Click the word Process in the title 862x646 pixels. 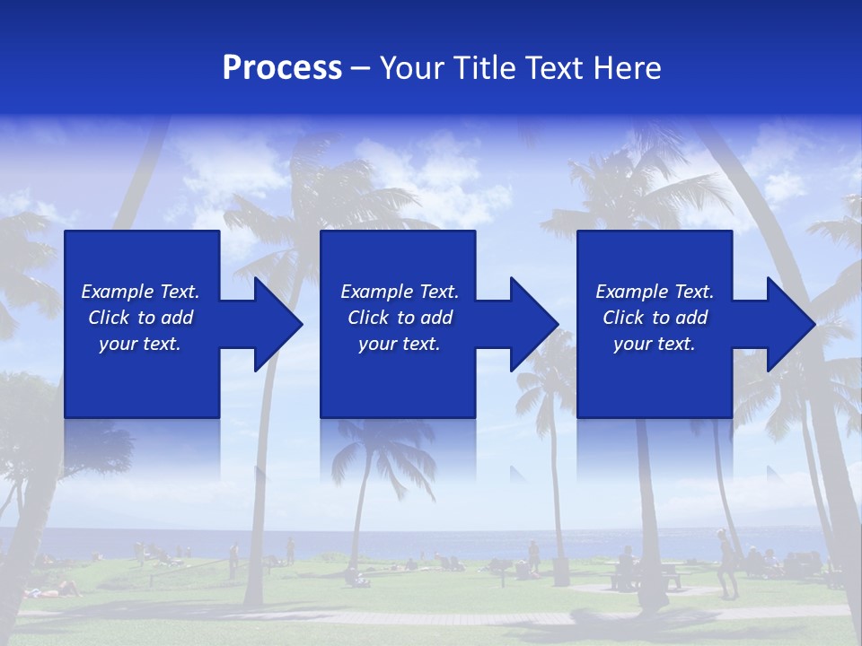point(282,68)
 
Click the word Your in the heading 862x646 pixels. point(412,68)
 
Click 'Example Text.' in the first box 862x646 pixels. point(140,292)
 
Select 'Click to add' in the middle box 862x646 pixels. point(400,318)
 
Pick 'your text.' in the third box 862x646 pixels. point(654,344)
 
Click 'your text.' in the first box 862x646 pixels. point(140,344)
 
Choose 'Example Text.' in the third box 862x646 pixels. point(655,292)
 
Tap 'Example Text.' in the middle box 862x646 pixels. point(400,292)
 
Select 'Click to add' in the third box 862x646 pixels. point(655,318)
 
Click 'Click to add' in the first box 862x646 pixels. point(140,318)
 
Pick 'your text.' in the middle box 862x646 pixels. point(400,344)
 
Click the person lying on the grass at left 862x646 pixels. point(54,589)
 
